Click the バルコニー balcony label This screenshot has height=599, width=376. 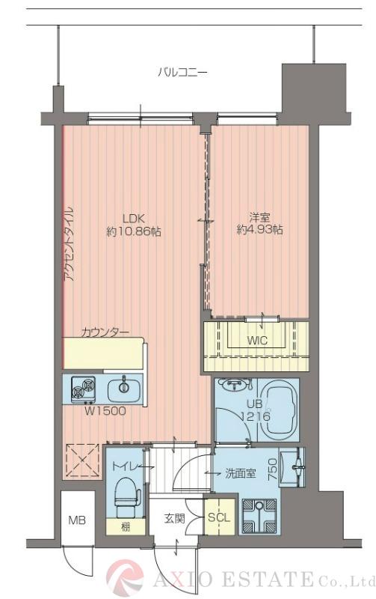[x=182, y=73]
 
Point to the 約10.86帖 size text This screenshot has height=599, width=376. [x=133, y=231]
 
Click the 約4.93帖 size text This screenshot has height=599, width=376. [x=259, y=231]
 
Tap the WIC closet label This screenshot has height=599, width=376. [x=258, y=341]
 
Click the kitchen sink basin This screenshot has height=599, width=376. [x=122, y=389]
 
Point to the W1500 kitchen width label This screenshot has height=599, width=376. [x=104, y=410]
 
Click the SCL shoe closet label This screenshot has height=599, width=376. [x=218, y=517]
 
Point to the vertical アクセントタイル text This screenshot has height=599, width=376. [x=69, y=243]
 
